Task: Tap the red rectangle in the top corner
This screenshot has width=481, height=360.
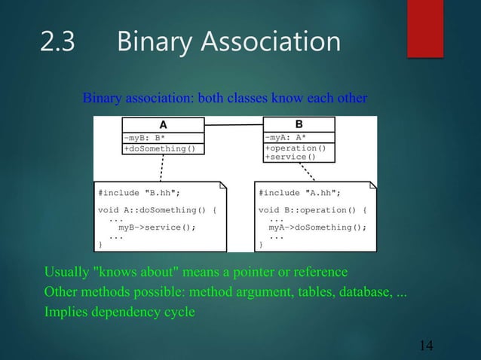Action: point(424,28)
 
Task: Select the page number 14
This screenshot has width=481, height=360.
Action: point(426,345)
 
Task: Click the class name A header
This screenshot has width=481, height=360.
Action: point(161,125)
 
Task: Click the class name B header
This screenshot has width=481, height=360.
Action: point(299,124)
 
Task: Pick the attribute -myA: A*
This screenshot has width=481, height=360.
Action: point(285,137)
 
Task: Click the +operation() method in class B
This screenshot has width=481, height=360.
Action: point(295,148)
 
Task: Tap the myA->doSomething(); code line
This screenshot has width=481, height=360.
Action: point(317,227)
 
